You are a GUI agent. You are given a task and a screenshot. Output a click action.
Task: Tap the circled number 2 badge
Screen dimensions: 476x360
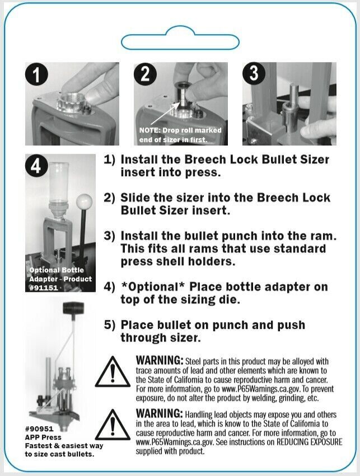pyautogui.click(x=146, y=76)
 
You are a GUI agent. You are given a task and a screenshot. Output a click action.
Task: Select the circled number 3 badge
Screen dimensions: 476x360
pyautogui.click(x=254, y=74)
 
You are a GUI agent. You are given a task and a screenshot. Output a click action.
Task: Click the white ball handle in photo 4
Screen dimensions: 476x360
pyautogui.click(x=85, y=201)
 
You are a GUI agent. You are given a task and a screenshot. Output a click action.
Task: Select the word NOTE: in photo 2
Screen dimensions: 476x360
pyautogui.click(x=149, y=130)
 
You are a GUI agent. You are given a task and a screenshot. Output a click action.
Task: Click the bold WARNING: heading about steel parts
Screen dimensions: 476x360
pyautogui.click(x=159, y=360)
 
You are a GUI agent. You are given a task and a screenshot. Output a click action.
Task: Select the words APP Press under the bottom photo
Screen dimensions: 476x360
pyautogui.click(x=43, y=437)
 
